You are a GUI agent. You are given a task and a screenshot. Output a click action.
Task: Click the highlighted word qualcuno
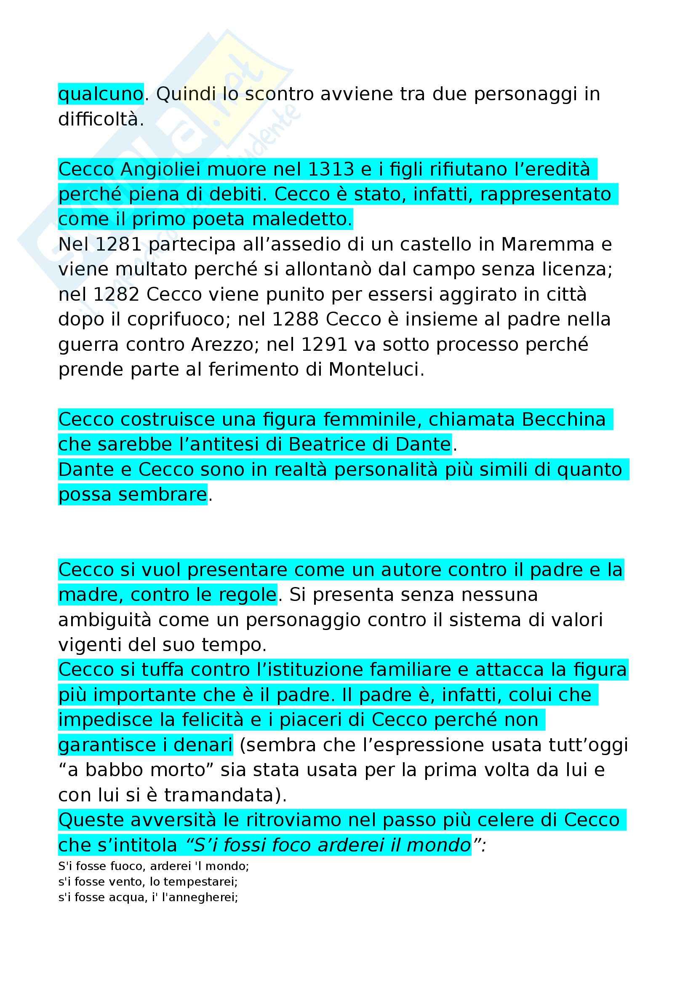[101, 94]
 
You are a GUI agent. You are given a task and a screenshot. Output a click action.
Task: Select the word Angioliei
[160, 169]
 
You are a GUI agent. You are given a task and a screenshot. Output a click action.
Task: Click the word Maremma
[548, 245]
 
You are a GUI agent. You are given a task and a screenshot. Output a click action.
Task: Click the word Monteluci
[376, 369]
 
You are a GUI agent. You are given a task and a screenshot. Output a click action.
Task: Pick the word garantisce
[107, 745]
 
